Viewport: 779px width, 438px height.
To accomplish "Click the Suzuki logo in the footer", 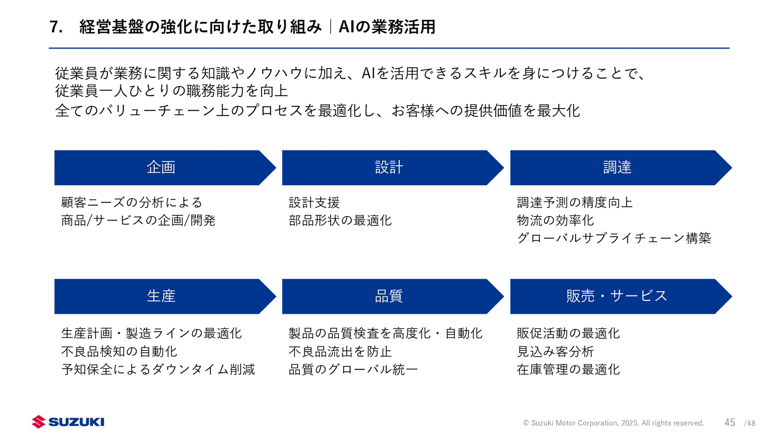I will pos(68,422).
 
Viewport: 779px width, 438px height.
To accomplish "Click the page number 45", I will pos(730,423).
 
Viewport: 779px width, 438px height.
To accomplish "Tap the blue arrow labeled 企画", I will pos(161,167).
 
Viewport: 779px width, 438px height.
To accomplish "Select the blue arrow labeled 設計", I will pos(389,167).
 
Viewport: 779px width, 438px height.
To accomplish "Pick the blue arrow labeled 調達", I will pos(617,167).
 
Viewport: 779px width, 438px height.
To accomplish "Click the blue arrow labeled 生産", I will pos(161,296).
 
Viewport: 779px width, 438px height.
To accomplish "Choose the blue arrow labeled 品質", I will pos(389,296).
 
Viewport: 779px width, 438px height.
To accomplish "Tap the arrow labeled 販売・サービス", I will pos(617,296).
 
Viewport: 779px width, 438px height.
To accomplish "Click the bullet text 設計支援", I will pos(314,202).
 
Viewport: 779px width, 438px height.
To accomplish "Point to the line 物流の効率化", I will pos(555,220).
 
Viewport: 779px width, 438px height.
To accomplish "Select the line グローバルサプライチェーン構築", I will pos(614,238).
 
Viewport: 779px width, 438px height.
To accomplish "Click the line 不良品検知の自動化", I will pos(119,351).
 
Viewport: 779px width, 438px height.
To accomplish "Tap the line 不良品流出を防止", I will pos(340,351).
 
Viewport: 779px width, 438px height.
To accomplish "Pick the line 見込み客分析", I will pos(555,351).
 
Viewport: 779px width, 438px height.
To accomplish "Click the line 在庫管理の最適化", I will pos(568,369).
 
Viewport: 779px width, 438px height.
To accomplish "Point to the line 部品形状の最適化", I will pos(340,220).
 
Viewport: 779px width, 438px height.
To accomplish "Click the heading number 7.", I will pos(56,27).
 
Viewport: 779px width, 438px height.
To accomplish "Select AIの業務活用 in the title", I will pos(387,27).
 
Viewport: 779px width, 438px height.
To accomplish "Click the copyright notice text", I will pos(613,423).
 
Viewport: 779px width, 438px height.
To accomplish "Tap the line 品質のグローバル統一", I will pos(353,369).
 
